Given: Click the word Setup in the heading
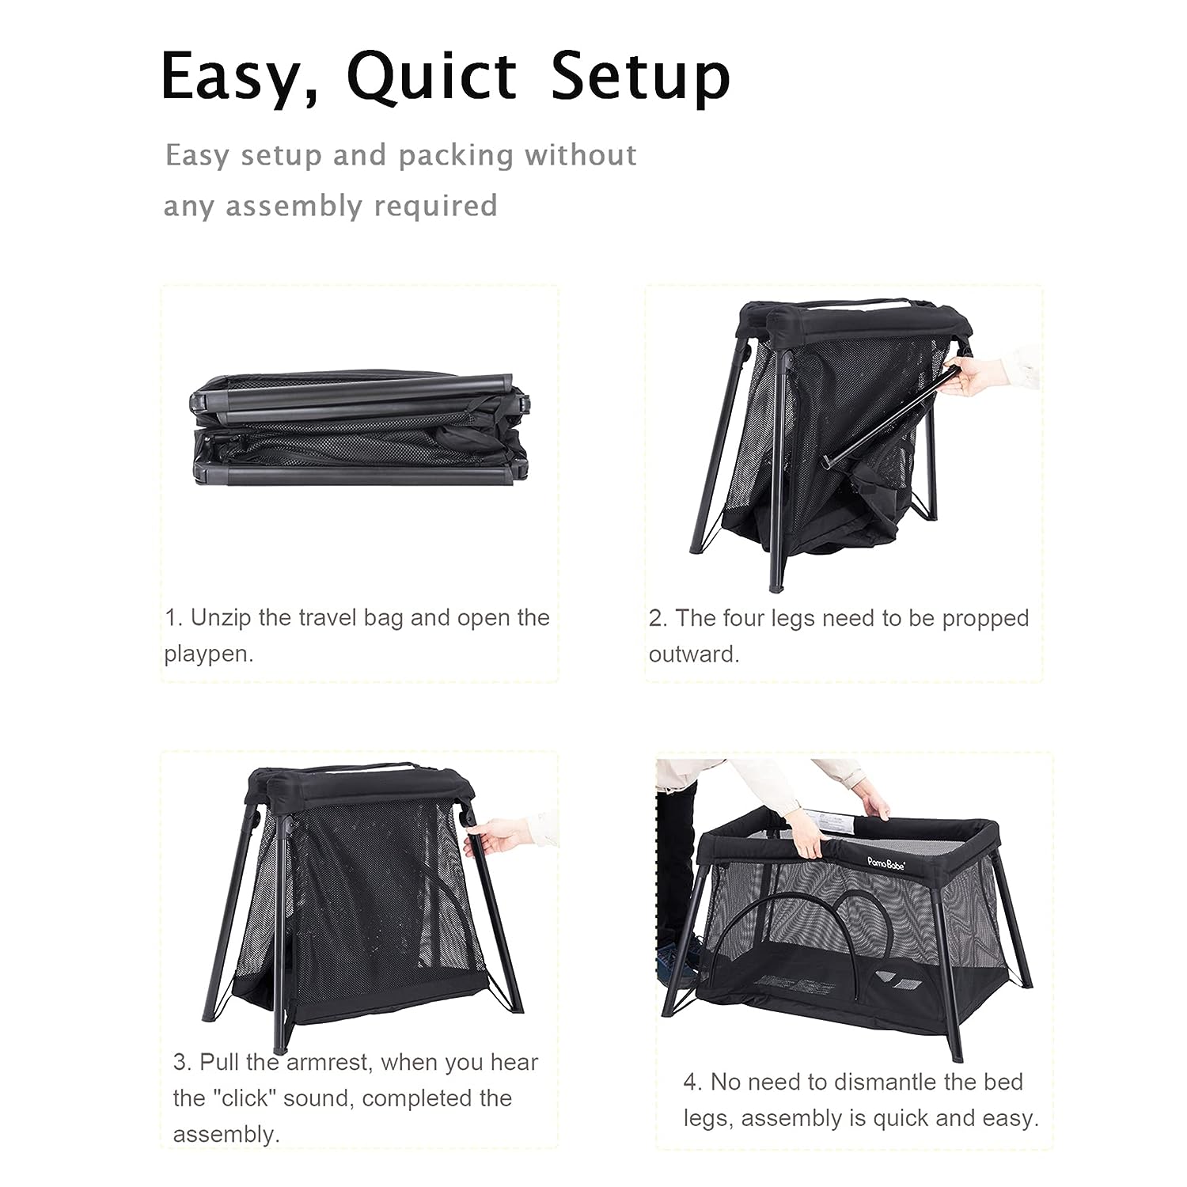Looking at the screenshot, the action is [640, 78].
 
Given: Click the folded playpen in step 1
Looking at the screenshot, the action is [358, 432].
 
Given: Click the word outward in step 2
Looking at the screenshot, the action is [694, 654].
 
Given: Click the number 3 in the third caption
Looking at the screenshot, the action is [180, 1063].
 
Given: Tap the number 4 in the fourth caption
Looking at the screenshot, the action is [691, 1082].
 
